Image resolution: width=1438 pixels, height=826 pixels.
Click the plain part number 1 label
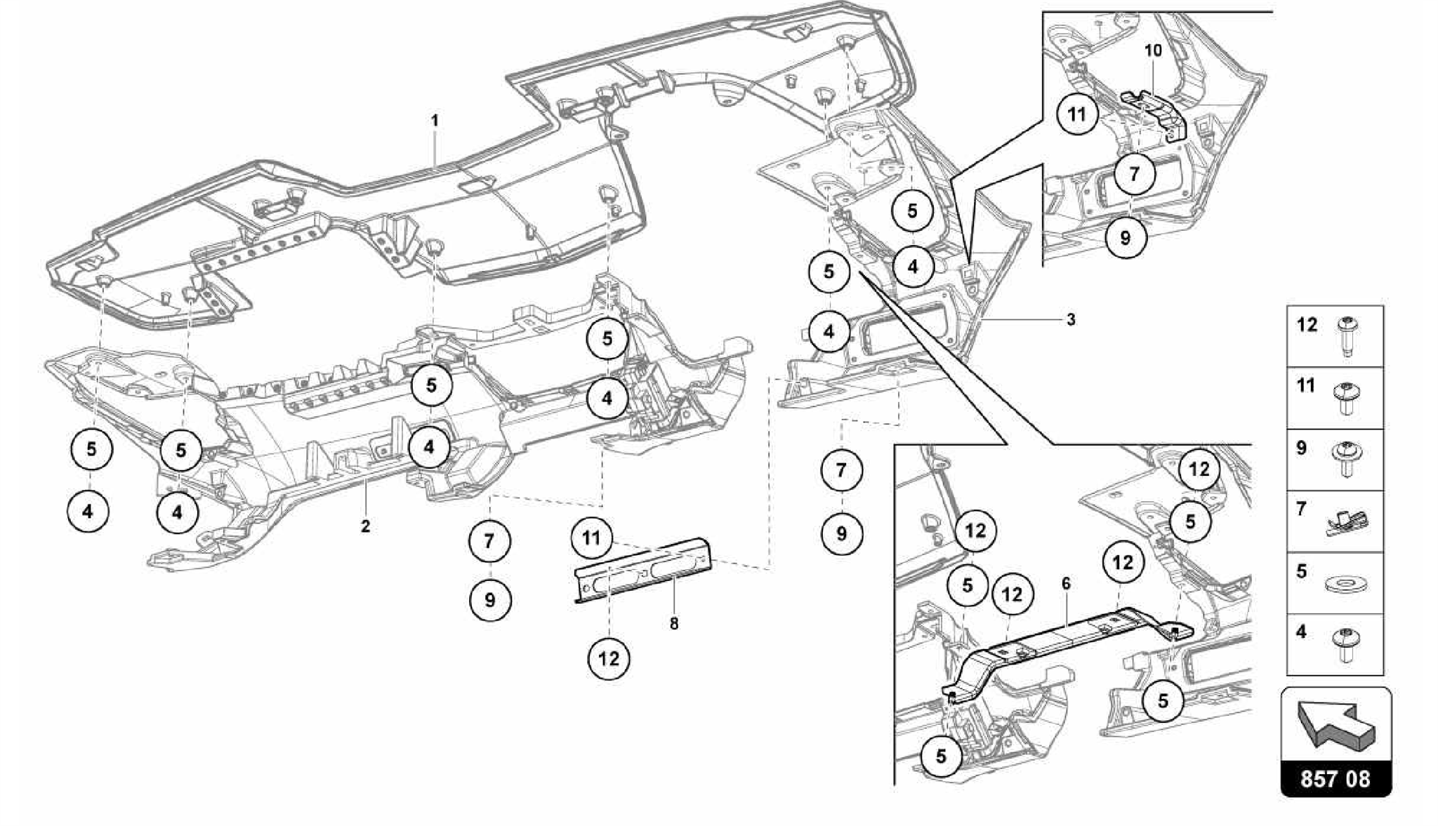click(435, 121)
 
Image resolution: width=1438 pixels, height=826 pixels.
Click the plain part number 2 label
click(365, 526)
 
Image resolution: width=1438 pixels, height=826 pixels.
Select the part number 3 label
click(1071, 320)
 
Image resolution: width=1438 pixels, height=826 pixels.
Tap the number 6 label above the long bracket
click(1066, 584)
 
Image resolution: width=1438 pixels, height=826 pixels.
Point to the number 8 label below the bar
click(674, 623)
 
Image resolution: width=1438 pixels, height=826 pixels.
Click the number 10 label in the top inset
click(1153, 51)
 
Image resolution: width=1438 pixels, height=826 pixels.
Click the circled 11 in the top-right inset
click(1077, 114)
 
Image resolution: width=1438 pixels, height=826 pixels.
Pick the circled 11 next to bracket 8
click(591, 538)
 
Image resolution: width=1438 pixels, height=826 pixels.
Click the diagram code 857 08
click(1335, 779)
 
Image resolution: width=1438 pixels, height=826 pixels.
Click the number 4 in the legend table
click(1301, 632)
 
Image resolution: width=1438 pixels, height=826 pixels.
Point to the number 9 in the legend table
click(1301, 448)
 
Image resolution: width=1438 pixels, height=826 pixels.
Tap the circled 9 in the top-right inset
click(1125, 237)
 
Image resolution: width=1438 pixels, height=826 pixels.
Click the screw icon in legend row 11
click(1346, 398)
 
